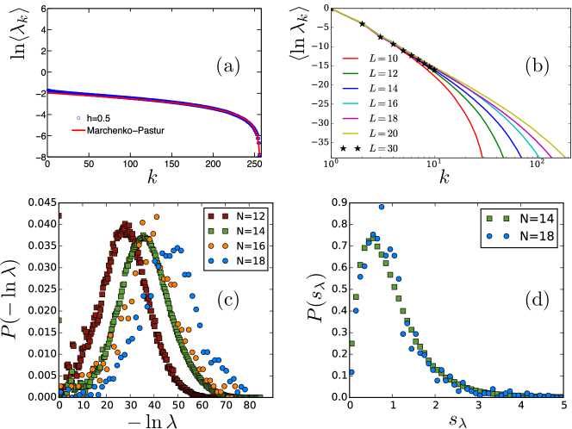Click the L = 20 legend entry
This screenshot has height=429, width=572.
(x=381, y=135)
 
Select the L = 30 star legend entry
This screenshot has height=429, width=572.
(x=381, y=150)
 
